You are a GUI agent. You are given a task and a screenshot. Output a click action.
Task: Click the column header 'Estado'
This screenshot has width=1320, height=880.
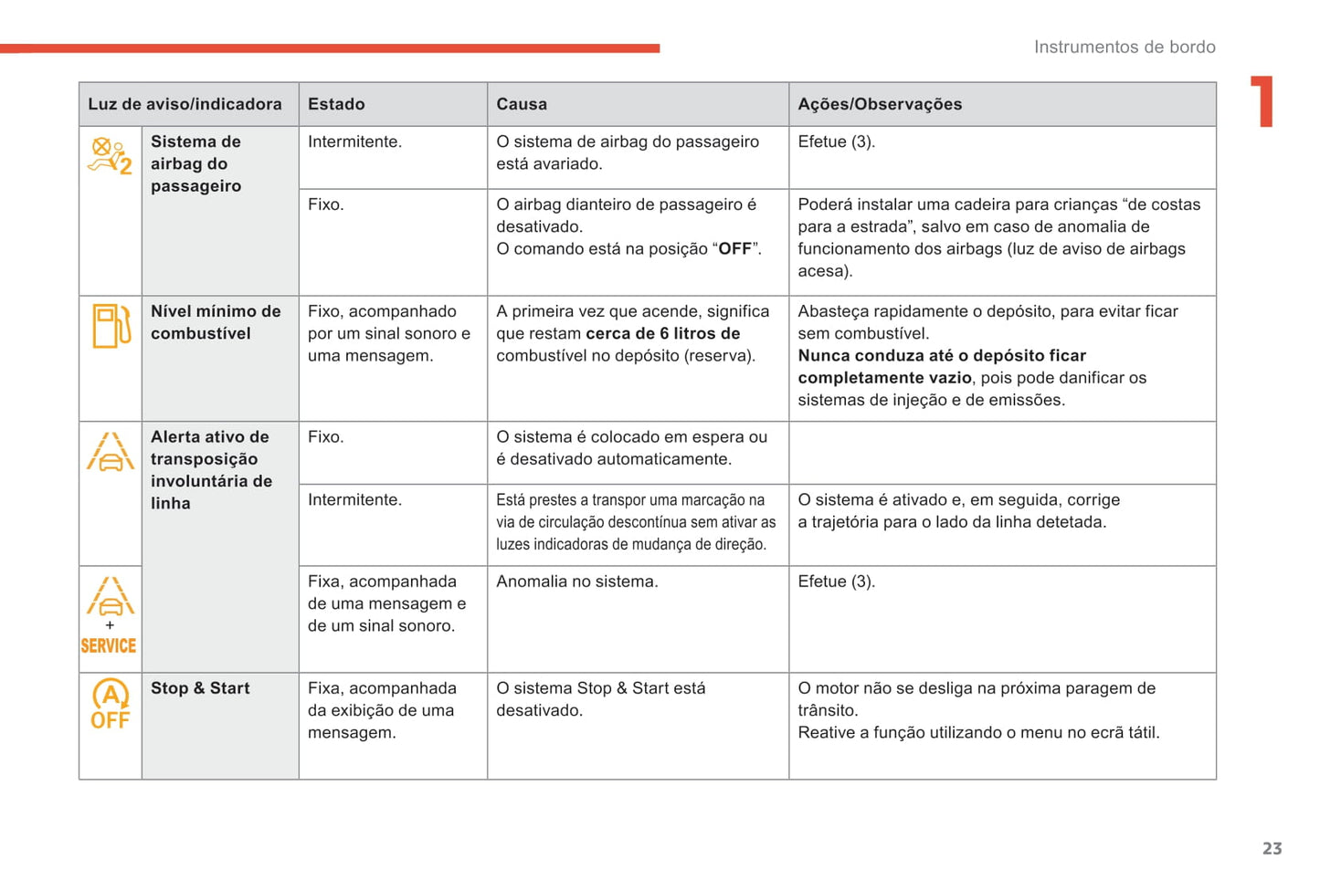tap(336, 104)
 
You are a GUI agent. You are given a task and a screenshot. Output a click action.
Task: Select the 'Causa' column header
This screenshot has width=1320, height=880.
tap(522, 104)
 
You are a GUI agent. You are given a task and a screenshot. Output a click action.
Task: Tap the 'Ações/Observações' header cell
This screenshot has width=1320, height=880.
tap(880, 104)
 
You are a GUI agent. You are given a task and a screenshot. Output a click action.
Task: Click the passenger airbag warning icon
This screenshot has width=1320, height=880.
tap(110, 155)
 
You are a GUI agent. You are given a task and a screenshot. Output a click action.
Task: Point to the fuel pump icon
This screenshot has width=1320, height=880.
tap(111, 326)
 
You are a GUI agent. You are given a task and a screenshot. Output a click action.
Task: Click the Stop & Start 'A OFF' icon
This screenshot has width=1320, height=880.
tap(111, 705)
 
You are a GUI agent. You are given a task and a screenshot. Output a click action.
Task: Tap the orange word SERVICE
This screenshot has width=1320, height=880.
tap(109, 646)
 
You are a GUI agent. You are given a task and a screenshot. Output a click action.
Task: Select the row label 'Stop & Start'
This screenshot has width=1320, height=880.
tap(200, 688)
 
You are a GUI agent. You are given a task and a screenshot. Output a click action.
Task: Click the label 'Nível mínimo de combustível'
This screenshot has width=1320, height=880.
tap(216, 322)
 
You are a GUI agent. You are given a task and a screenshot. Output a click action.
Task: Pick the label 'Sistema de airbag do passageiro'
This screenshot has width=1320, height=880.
tap(195, 163)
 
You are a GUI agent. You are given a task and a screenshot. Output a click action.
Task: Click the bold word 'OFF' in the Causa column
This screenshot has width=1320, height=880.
tap(734, 249)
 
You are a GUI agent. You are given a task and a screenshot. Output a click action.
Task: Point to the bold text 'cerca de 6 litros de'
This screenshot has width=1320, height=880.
tap(663, 334)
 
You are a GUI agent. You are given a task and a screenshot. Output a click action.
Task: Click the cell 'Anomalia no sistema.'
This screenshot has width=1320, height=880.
tap(576, 581)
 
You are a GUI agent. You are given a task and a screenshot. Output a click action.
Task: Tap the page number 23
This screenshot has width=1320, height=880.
tap(1272, 849)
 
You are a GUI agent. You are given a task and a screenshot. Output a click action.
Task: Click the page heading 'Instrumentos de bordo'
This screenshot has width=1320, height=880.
tap(1125, 47)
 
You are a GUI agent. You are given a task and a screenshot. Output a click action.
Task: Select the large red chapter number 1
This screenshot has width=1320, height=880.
tap(1262, 101)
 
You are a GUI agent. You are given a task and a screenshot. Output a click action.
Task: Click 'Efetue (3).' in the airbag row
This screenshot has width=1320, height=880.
tap(836, 142)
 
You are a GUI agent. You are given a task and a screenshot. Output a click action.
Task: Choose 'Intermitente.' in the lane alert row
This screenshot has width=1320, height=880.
tap(354, 500)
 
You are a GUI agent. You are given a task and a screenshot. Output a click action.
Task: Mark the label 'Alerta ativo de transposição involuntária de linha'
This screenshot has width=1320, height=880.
tap(211, 470)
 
